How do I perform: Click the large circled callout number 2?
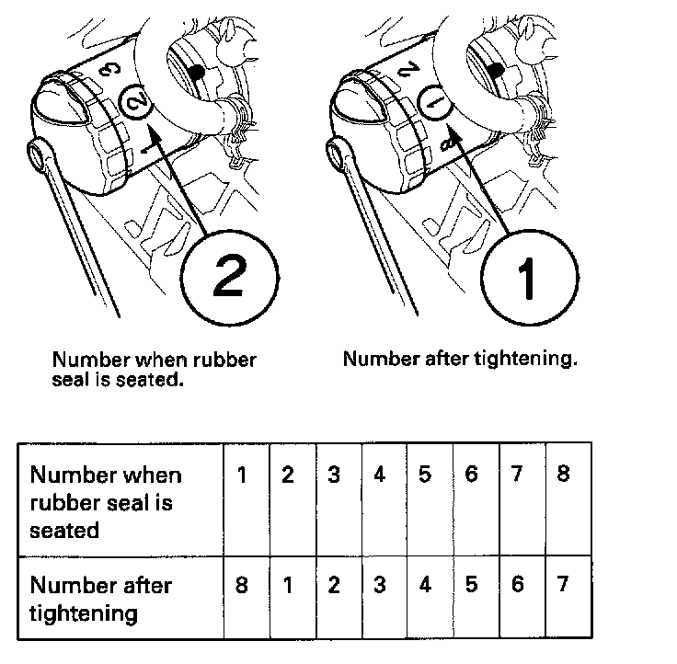[229, 278]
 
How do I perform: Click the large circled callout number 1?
[529, 278]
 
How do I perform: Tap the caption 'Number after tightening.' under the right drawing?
[460, 360]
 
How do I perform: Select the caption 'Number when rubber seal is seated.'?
[155, 369]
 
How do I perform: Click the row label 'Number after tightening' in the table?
[101, 600]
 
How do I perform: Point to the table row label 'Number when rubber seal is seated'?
[106, 502]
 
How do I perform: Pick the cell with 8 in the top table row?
[568, 499]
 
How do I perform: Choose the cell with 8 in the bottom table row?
[247, 597]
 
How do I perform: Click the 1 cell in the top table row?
[247, 499]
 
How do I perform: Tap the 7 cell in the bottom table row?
[568, 597]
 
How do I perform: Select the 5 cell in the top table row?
[430, 499]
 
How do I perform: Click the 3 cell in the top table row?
[338, 499]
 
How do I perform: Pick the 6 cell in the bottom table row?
[522, 597]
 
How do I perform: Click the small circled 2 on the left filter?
[136, 102]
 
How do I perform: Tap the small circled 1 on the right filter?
[435, 102]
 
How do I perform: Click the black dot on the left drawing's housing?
[197, 72]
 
